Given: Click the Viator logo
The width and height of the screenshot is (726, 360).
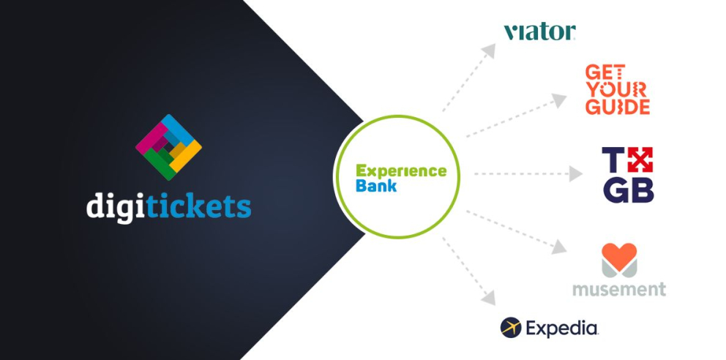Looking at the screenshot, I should [x=539, y=31].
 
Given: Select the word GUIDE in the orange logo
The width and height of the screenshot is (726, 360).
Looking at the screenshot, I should [x=618, y=107].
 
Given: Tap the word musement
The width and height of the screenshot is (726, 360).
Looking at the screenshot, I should [x=619, y=289].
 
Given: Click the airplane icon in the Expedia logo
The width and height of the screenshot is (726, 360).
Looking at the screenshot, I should [x=511, y=328].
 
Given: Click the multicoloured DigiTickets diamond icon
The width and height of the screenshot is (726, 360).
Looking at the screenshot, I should [x=168, y=147].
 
